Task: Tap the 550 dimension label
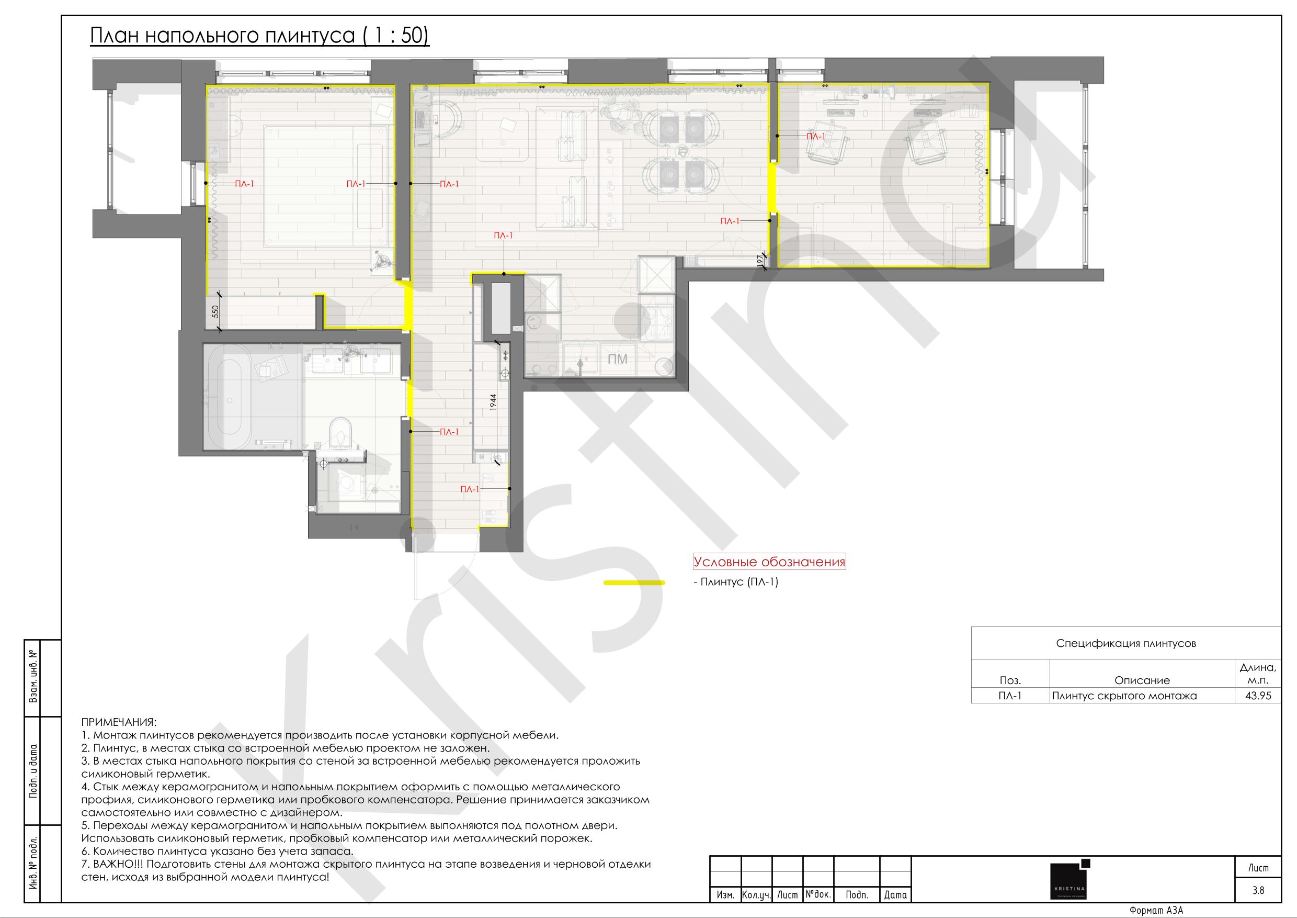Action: (x=215, y=311)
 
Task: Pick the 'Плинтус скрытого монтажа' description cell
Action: (x=1124, y=696)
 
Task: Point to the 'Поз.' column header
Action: (x=1010, y=680)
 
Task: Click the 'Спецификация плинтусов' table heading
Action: (x=1126, y=643)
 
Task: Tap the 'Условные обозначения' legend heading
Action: (x=769, y=562)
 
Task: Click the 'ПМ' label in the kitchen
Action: (x=618, y=360)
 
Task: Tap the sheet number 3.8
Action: (x=1258, y=890)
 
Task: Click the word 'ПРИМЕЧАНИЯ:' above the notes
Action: (x=119, y=722)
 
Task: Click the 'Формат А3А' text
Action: (x=1156, y=911)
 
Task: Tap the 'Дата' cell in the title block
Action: (x=895, y=895)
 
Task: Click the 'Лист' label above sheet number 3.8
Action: (x=1258, y=868)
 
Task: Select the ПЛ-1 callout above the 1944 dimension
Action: (x=503, y=236)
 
